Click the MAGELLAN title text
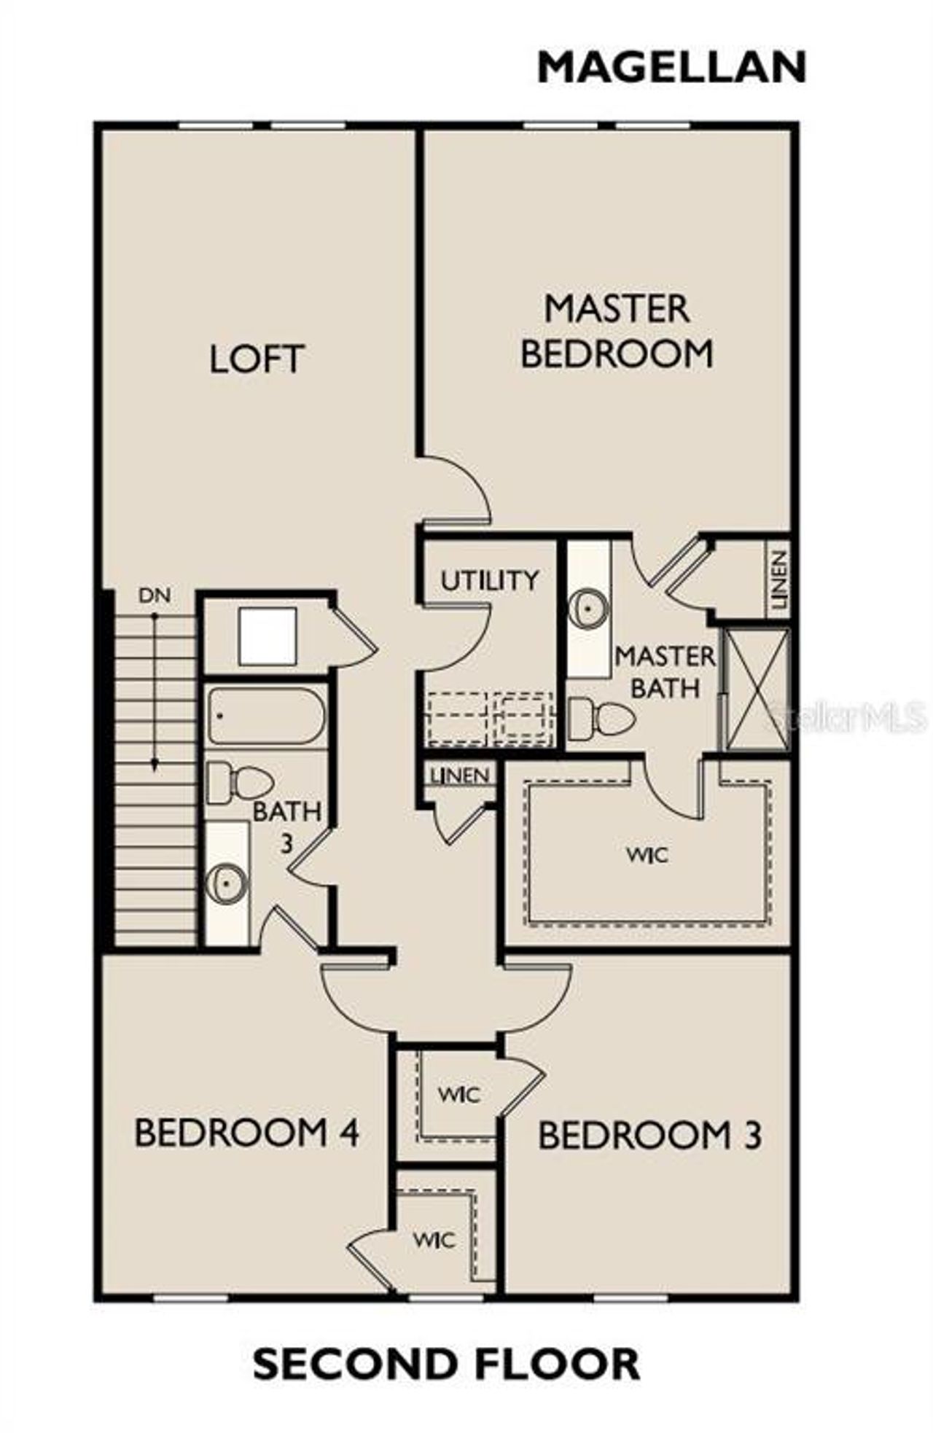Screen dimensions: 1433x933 (x=671, y=68)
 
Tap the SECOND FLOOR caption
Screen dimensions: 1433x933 (x=446, y=1364)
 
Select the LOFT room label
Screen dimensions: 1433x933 (x=256, y=359)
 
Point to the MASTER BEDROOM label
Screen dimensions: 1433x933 (x=617, y=332)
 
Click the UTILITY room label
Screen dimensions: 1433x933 (x=490, y=581)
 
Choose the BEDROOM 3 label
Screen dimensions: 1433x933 (x=649, y=1135)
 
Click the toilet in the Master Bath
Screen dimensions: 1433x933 (x=601, y=718)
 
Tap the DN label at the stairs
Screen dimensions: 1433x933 (x=155, y=596)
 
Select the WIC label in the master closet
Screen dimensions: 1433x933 (x=647, y=854)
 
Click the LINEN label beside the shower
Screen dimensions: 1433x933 (x=778, y=579)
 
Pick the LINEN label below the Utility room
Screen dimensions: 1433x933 (x=459, y=775)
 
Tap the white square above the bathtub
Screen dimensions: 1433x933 (x=268, y=636)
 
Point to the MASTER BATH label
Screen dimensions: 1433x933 (x=665, y=671)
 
